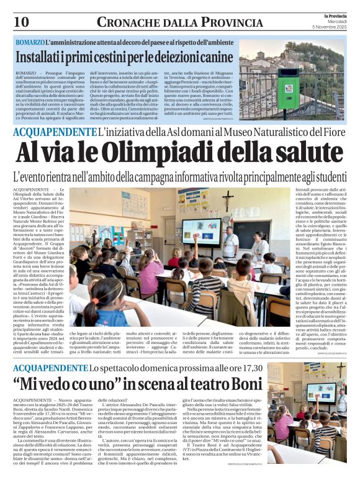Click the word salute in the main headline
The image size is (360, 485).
(305, 152)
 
